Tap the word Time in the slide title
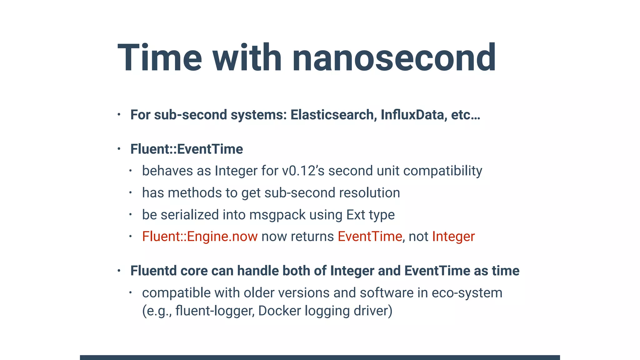click(160, 58)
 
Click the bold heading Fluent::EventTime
click(187, 149)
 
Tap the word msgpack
click(277, 215)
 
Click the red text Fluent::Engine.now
click(200, 237)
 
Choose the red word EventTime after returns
click(370, 237)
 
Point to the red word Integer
click(453, 237)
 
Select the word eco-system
click(467, 293)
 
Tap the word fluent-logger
click(215, 311)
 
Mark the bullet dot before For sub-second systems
click(119, 115)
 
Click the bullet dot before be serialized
click(131, 215)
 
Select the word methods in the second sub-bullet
click(194, 193)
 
